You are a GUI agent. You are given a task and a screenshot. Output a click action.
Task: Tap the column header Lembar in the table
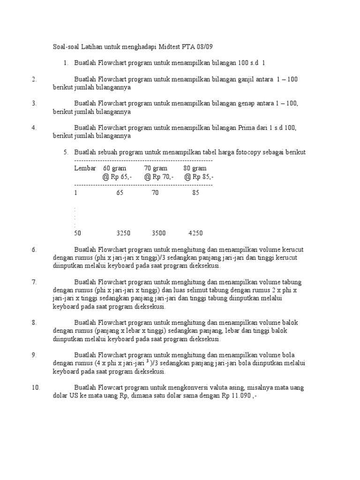point(85,168)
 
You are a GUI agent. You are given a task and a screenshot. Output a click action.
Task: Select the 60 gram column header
point(116,168)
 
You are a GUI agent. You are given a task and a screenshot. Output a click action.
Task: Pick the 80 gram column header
point(195,168)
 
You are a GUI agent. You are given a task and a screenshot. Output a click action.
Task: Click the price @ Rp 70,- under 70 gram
point(158,177)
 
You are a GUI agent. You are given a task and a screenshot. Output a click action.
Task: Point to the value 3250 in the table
point(123,233)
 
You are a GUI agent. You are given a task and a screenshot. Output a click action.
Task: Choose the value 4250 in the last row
point(195,233)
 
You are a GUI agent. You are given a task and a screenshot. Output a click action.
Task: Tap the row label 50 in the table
point(77,233)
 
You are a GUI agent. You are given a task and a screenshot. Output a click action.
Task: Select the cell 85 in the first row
point(195,193)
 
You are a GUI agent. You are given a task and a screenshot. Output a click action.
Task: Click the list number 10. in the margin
point(36,387)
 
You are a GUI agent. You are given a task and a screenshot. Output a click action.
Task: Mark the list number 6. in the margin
point(34,250)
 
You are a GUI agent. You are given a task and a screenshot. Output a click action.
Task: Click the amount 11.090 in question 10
point(239,396)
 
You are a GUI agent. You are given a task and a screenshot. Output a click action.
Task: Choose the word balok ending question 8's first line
point(291,323)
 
